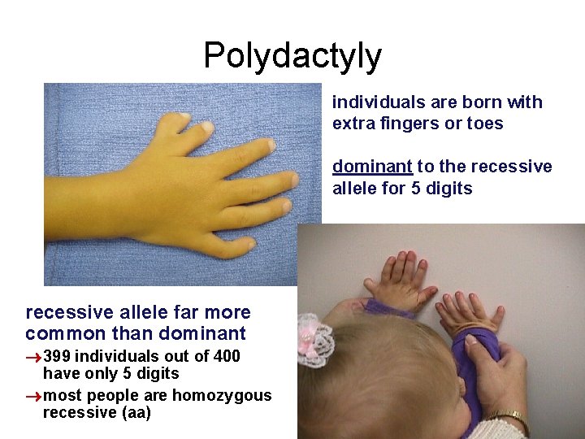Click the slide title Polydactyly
(x=292, y=55)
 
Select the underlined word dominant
(x=372, y=167)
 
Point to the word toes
(x=486, y=124)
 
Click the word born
(x=479, y=102)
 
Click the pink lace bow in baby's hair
(x=316, y=341)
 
